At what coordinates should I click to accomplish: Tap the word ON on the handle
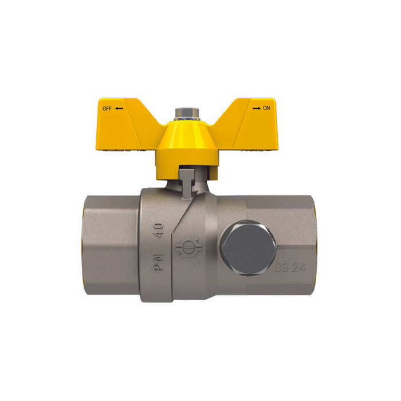[x=266, y=108]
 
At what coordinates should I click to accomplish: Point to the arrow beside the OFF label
[x=119, y=108]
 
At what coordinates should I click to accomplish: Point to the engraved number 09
[x=281, y=267]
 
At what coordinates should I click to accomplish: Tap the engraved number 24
[x=299, y=267]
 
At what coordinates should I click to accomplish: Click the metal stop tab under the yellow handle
[x=187, y=179]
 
